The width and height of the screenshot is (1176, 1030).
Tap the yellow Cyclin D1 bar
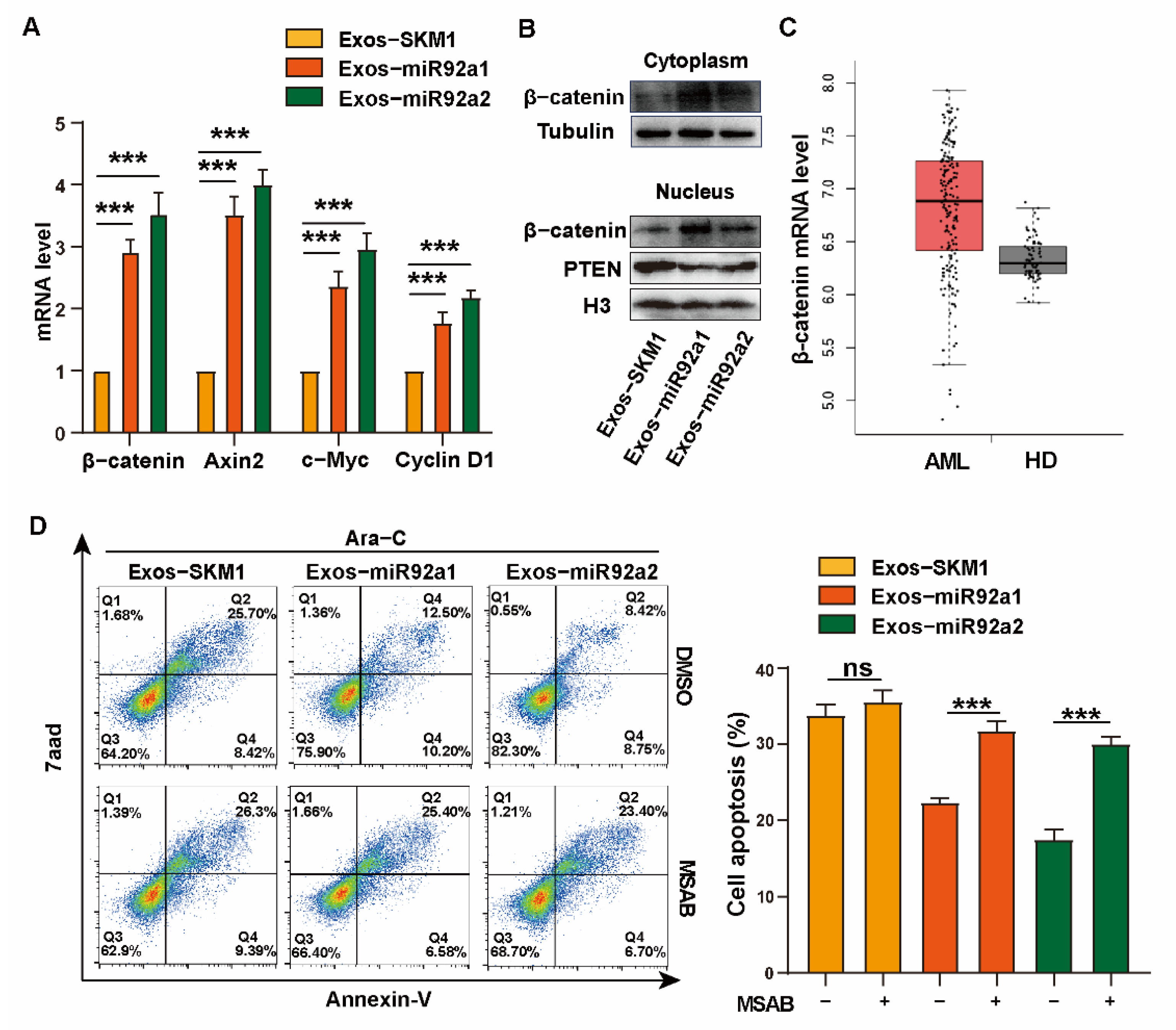click(x=414, y=402)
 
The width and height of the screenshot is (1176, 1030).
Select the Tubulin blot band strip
click(x=696, y=132)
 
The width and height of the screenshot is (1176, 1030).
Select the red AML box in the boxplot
click(x=948, y=205)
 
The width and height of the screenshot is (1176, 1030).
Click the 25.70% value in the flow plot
click(x=251, y=613)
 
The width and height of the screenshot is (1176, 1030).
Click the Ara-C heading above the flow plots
click(x=375, y=538)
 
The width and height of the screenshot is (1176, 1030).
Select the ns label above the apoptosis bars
click(x=857, y=668)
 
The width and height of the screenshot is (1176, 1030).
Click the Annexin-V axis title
click(x=378, y=999)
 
